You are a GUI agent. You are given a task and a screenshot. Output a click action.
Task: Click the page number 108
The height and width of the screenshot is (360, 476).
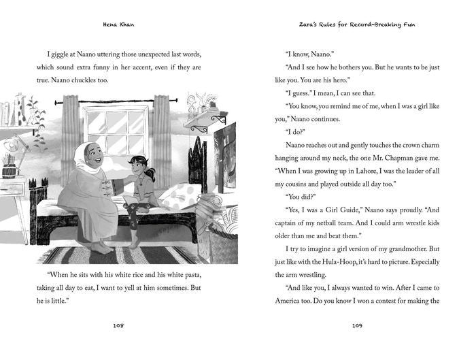(118, 326)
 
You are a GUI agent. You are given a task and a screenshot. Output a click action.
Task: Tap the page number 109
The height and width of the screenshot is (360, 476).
(357, 326)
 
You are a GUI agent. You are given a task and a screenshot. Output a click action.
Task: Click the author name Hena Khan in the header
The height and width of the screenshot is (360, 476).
(118, 24)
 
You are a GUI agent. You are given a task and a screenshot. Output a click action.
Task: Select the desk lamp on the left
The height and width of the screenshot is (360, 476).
(14, 146)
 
